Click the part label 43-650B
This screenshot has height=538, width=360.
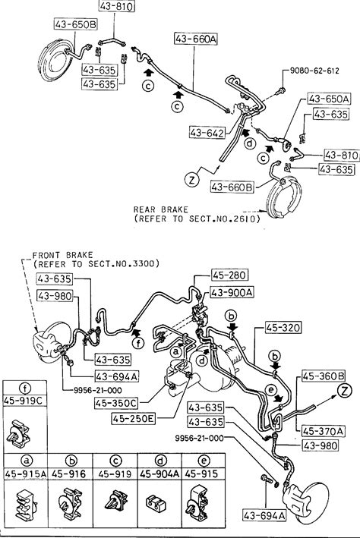tap(76, 24)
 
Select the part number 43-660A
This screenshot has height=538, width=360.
tap(196, 39)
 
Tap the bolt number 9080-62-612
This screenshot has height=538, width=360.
tap(314, 71)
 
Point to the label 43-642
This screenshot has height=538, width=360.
tap(207, 133)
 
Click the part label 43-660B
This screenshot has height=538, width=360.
tap(232, 187)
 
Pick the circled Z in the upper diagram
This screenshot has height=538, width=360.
tap(191, 179)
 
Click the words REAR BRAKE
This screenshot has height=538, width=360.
tap(161, 209)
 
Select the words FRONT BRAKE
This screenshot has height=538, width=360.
tap(62, 255)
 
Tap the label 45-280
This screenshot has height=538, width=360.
tap(229, 275)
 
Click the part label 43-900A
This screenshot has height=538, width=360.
tap(232, 292)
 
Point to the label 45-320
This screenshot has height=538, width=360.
tap(283, 327)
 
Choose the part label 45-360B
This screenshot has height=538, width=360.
tap(324, 376)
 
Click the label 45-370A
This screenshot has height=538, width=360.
tap(324, 430)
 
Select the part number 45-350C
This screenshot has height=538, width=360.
tap(115, 403)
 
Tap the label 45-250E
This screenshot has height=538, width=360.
tap(133, 418)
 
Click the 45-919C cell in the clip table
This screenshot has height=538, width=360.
tap(25, 400)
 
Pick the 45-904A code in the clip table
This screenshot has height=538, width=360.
tap(159, 474)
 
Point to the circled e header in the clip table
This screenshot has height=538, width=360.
tap(204, 461)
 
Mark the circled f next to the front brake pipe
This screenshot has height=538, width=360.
tap(138, 342)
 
